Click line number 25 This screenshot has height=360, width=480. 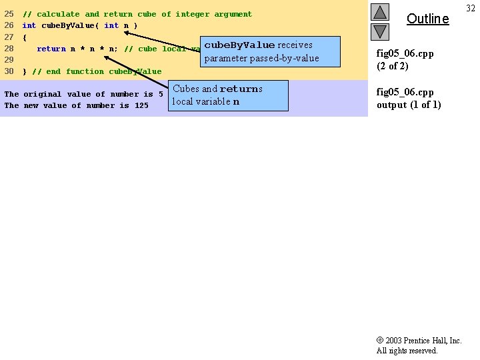pos(9,14)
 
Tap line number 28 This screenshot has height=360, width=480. pos(9,49)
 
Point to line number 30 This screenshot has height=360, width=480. pos(9,71)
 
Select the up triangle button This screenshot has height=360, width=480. pos(380,12)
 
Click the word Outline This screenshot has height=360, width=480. pos(427,19)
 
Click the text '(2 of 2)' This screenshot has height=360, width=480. pos(393,66)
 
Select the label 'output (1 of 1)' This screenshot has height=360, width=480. pos(409,105)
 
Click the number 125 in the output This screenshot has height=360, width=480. pos(141,105)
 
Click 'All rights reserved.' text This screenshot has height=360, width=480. pos(407,351)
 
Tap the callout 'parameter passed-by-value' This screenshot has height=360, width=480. pos(261,59)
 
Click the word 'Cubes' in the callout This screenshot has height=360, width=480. pos(186,89)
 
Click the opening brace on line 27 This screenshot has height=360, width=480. pos(25,37)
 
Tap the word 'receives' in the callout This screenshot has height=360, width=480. pos(295,45)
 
